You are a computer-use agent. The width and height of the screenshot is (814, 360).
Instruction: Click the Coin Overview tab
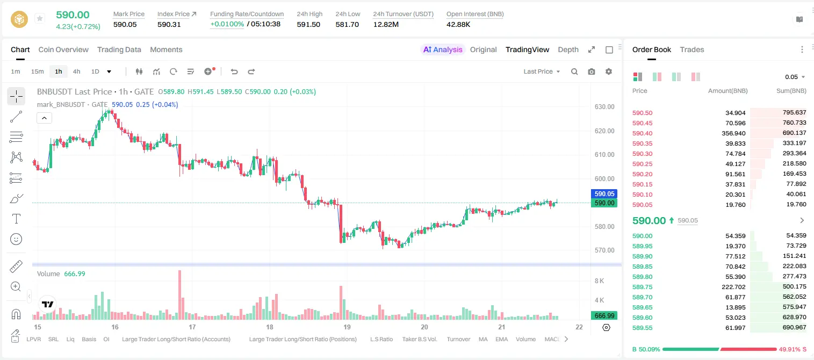63,49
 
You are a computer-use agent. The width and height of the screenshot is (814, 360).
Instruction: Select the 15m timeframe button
37,71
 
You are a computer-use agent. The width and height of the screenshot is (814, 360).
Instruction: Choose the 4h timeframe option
76,71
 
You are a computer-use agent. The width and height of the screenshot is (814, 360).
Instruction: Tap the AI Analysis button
443,49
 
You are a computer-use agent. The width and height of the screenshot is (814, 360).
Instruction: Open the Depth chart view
568,49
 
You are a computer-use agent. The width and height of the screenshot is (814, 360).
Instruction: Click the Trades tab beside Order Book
692,49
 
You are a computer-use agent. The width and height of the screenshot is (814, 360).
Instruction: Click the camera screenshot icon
592,71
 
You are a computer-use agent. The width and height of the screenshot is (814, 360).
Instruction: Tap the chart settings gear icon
609,71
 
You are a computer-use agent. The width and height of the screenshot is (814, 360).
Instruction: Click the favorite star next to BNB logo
40,18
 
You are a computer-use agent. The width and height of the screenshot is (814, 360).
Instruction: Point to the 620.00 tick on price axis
604,131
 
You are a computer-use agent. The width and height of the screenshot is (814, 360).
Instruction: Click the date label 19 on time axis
347,327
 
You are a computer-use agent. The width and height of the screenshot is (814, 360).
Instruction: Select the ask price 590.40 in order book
642,133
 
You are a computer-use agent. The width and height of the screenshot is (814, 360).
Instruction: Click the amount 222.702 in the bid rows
733,287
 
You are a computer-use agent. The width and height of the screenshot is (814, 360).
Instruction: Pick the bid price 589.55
642,328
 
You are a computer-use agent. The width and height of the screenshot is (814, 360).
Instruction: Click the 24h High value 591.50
308,24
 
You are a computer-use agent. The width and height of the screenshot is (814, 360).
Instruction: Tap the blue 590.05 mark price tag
604,193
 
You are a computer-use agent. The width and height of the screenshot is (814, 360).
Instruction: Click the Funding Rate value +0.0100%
227,24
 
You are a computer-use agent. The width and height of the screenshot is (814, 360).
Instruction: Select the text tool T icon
16,219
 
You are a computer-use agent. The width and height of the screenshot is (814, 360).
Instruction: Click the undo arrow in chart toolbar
234,71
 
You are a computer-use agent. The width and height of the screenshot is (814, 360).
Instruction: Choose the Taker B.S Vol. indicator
419,339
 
